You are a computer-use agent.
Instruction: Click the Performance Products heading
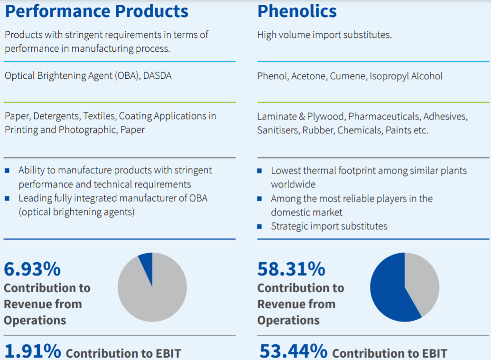pos(96,11)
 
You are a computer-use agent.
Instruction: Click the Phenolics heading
pos(297,11)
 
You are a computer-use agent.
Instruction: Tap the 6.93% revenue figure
pos(32,269)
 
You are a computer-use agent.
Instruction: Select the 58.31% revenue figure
pos(291,269)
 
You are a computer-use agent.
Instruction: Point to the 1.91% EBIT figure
pos(33,351)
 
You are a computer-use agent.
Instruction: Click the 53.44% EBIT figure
pos(293,351)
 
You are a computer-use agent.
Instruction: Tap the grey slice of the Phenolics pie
pos(421,280)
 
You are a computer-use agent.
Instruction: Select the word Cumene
pos(348,76)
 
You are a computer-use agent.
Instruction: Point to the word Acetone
pos(308,76)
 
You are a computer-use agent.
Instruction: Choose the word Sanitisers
pos(277,130)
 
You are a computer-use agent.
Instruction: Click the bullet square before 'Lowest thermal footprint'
pos(259,171)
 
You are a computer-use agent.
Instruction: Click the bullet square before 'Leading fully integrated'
pos(7,198)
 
